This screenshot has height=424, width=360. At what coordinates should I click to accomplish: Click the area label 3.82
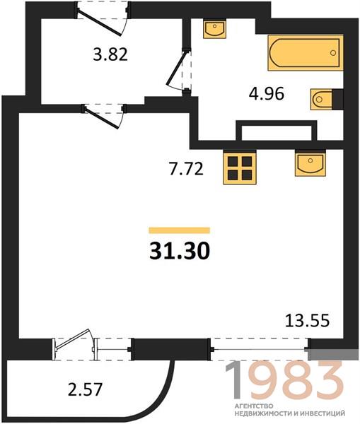click(110, 54)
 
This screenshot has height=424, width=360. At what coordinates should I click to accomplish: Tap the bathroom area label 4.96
click(267, 94)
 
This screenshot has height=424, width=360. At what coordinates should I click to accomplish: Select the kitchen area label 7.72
click(186, 170)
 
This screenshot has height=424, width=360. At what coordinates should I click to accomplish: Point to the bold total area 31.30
click(180, 251)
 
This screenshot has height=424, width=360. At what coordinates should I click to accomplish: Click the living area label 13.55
click(308, 321)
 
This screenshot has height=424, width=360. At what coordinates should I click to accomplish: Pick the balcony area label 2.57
click(85, 389)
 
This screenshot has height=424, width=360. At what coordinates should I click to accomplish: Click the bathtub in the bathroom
click(306, 53)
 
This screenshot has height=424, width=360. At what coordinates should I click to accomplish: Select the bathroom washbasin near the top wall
click(214, 29)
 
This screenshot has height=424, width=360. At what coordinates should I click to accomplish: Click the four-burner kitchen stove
click(240, 167)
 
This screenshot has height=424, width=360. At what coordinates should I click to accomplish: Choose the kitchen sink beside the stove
click(310, 163)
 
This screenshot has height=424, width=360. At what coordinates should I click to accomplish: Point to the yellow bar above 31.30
click(180, 230)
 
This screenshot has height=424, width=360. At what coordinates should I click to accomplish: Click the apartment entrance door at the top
click(102, 19)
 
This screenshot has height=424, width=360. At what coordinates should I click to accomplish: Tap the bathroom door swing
click(179, 70)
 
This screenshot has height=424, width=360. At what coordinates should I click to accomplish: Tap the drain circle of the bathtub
click(333, 53)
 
